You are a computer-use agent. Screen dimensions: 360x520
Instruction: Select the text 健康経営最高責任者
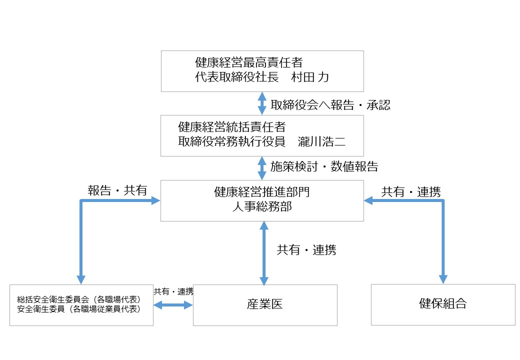click(x=248, y=63)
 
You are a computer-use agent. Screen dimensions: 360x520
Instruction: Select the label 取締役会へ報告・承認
click(x=330, y=104)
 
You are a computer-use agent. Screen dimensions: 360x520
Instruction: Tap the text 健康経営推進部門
click(x=262, y=191)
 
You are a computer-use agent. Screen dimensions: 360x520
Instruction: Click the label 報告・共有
click(x=117, y=190)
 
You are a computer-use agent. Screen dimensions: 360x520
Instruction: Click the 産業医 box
click(x=265, y=305)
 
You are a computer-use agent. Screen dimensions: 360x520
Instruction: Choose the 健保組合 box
click(x=443, y=304)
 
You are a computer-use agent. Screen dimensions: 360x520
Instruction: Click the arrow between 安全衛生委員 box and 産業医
click(x=173, y=304)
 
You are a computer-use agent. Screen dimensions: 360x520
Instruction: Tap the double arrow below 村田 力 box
click(x=262, y=103)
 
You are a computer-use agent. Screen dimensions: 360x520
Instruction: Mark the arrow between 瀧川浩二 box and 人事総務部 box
click(x=262, y=168)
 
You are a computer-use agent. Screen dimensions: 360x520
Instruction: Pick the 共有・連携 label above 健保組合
click(x=411, y=192)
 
